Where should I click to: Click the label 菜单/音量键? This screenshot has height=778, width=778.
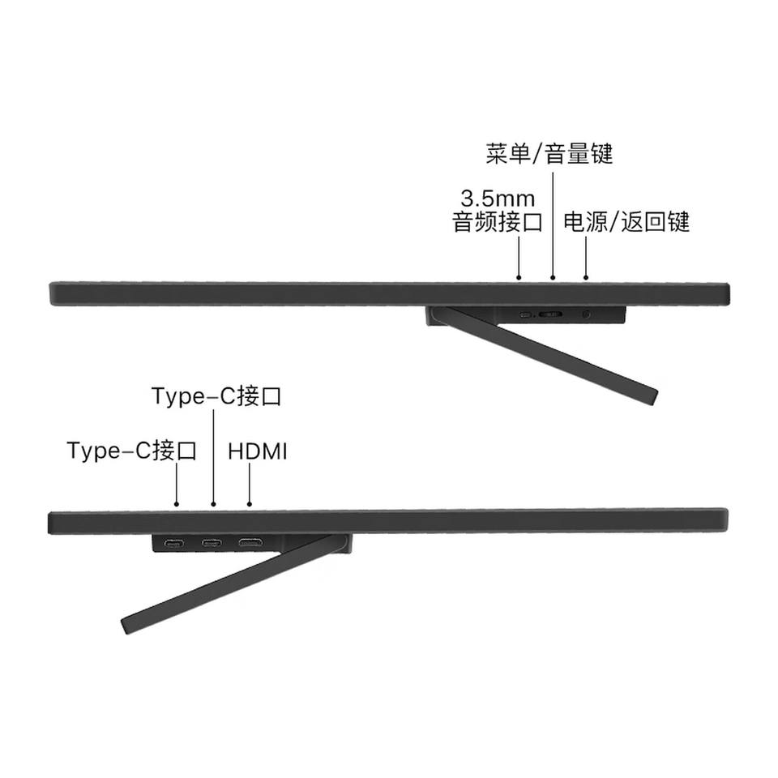coord(549,154)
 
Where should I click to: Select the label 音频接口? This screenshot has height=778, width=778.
coord(497,222)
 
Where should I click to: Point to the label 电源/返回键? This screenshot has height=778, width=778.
coord(626,222)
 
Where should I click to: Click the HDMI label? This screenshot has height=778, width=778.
coord(258,451)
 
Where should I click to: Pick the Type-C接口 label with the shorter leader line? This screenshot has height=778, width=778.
coord(132,451)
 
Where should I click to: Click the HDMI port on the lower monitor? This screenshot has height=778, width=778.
coord(250,542)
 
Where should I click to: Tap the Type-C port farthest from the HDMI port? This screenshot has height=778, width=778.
coord(173,543)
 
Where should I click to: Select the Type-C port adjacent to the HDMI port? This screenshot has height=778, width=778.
coord(212,543)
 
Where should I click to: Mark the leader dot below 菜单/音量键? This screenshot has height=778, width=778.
coord(553,278)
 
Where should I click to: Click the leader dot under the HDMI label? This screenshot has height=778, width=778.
coord(250,504)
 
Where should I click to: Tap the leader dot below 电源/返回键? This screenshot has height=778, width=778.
coord(586,278)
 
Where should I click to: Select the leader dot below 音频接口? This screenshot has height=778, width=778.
coord(519,278)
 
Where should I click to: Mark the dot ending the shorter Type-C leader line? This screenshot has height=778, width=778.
coord(177,504)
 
